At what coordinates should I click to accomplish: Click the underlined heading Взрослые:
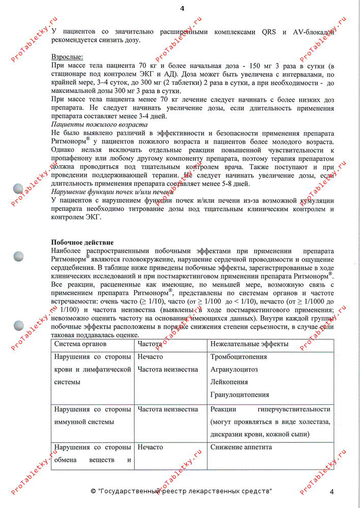tap(67, 57)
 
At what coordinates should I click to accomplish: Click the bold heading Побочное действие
tap(82, 242)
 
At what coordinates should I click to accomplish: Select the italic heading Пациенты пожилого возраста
tap(100, 124)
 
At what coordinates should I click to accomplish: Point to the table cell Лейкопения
tap(229, 382)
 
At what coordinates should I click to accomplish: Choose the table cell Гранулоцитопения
tap(240, 395)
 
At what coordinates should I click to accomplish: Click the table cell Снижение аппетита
tap(241, 447)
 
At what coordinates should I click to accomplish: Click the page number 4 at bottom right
tap(332, 491)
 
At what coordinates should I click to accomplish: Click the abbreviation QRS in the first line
tap(273, 31)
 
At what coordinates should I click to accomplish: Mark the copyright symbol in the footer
tap(93, 492)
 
